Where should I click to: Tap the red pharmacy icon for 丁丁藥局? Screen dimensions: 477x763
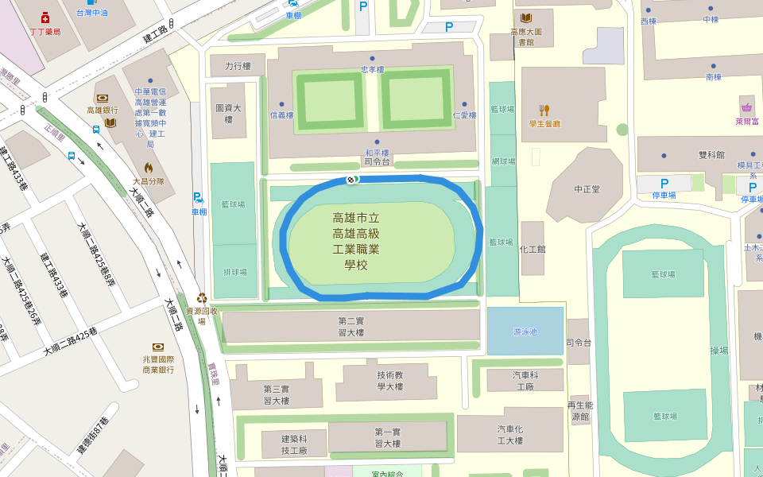[x=45, y=18]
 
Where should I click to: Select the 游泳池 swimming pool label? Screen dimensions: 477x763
[x=525, y=331]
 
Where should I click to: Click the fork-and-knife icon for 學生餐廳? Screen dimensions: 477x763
[x=544, y=110]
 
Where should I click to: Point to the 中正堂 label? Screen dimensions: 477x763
[x=587, y=189]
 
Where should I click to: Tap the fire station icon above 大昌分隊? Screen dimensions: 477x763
[x=148, y=168]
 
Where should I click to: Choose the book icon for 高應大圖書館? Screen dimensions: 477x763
[x=525, y=18]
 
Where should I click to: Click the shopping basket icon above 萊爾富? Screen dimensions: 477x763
[x=746, y=108]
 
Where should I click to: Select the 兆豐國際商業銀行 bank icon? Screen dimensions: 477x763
[x=157, y=347]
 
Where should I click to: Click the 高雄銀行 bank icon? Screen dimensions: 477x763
[x=102, y=99]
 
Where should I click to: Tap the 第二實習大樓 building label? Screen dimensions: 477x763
[x=351, y=326]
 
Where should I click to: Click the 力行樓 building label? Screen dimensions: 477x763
[x=238, y=67]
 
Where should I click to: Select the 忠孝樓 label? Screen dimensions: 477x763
[x=372, y=69]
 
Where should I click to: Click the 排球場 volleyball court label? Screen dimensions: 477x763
[x=234, y=272]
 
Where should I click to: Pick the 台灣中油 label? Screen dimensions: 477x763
[x=92, y=13]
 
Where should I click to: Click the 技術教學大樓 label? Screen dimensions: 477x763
[x=389, y=381]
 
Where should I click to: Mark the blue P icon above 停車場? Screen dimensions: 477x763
[x=664, y=184]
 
